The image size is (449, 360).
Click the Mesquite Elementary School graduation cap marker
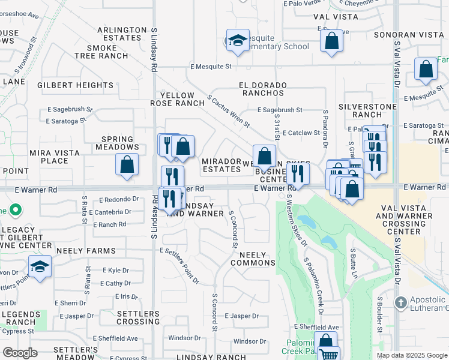pyautogui.click(x=238, y=40)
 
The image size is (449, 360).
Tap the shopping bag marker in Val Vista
pyautogui.click(x=331, y=41)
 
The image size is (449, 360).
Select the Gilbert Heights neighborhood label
pyautogui.click(x=75, y=85)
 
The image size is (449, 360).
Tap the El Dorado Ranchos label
pyautogui.click(x=263, y=89)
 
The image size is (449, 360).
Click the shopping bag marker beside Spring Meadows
pyautogui.click(x=127, y=164)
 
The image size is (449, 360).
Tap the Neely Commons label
pyautogui.click(x=253, y=259)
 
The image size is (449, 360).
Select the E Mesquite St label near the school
pyautogui.click(x=211, y=67)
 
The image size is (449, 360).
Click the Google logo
pyautogui.click(x=20, y=353)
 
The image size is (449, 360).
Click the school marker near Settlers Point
pyautogui.click(x=40, y=266)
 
